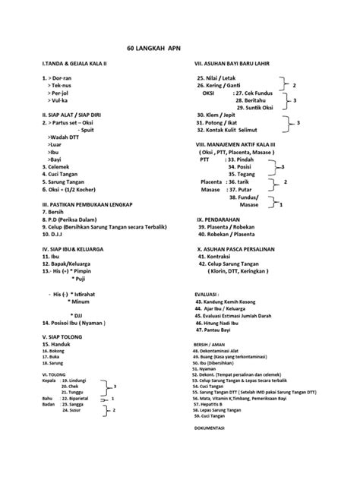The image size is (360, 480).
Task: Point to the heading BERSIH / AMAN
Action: tap(210, 343)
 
